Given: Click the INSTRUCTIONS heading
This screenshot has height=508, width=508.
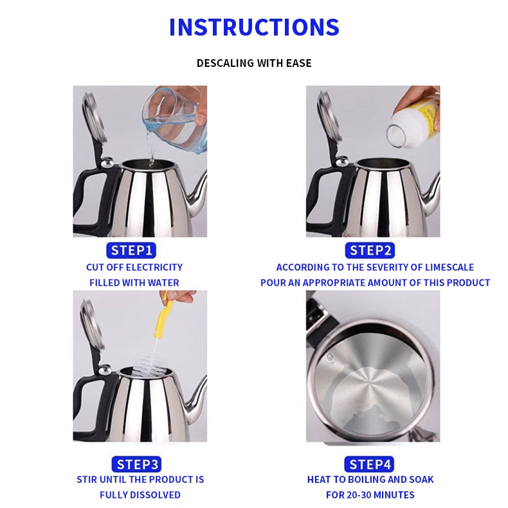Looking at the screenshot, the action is click(x=254, y=27).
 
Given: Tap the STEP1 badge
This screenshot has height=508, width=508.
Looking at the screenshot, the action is click(x=131, y=250).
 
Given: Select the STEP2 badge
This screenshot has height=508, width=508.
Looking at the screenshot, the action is click(x=370, y=250).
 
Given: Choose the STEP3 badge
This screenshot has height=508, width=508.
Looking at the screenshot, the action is click(x=136, y=464).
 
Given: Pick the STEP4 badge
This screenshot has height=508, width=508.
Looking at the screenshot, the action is click(x=369, y=464).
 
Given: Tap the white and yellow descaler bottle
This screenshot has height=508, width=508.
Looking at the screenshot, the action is click(x=413, y=122).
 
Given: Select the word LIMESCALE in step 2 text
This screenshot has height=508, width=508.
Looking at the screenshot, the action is click(x=449, y=268).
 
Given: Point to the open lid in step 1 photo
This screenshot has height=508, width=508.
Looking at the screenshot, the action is click(x=95, y=116).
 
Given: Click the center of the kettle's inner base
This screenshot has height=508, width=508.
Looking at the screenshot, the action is click(x=370, y=386).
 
